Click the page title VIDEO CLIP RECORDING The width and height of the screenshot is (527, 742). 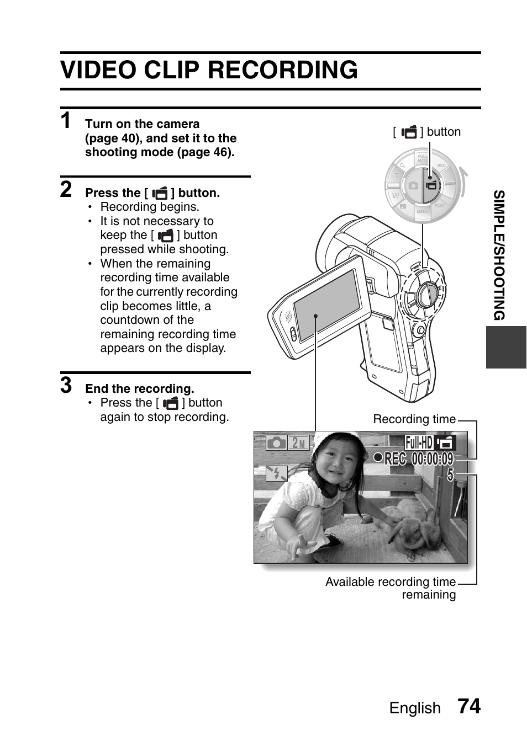pos(209,71)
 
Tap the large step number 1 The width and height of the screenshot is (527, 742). pos(66,121)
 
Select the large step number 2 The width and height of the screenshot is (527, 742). pos(66,189)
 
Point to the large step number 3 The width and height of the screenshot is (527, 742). pos(66,386)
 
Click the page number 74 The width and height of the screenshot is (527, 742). pos(468,707)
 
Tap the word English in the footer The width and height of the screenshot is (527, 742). pos(415,708)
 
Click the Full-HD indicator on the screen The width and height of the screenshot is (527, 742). pos(419,442)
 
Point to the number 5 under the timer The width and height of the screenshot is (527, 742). pos(450,474)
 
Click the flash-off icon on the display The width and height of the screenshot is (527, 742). pos(276,473)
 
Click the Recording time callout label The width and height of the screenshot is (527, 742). pos(414,419)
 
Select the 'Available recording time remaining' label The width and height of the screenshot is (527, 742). pos(391,588)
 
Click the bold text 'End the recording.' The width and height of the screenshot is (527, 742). pos(139,389)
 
